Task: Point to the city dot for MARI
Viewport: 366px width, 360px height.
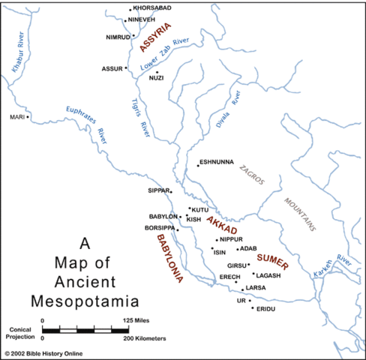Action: (x=28, y=117)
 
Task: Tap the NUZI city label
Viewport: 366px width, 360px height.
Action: (x=157, y=78)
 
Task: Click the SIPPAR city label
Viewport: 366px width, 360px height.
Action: (x=159, y=190)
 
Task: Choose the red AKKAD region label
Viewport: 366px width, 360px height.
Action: (x=221, y=223)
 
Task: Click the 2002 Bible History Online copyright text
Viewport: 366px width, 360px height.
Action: (x=45, y=353)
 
